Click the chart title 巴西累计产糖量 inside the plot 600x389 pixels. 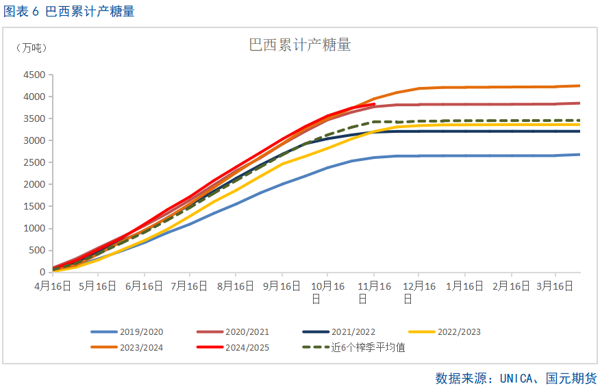300,46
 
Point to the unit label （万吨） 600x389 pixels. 32,48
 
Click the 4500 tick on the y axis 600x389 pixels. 34,75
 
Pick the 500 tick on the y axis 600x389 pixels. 36,250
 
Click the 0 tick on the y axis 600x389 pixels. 42,272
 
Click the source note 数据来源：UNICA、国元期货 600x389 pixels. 516,378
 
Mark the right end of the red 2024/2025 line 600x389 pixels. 374,104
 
